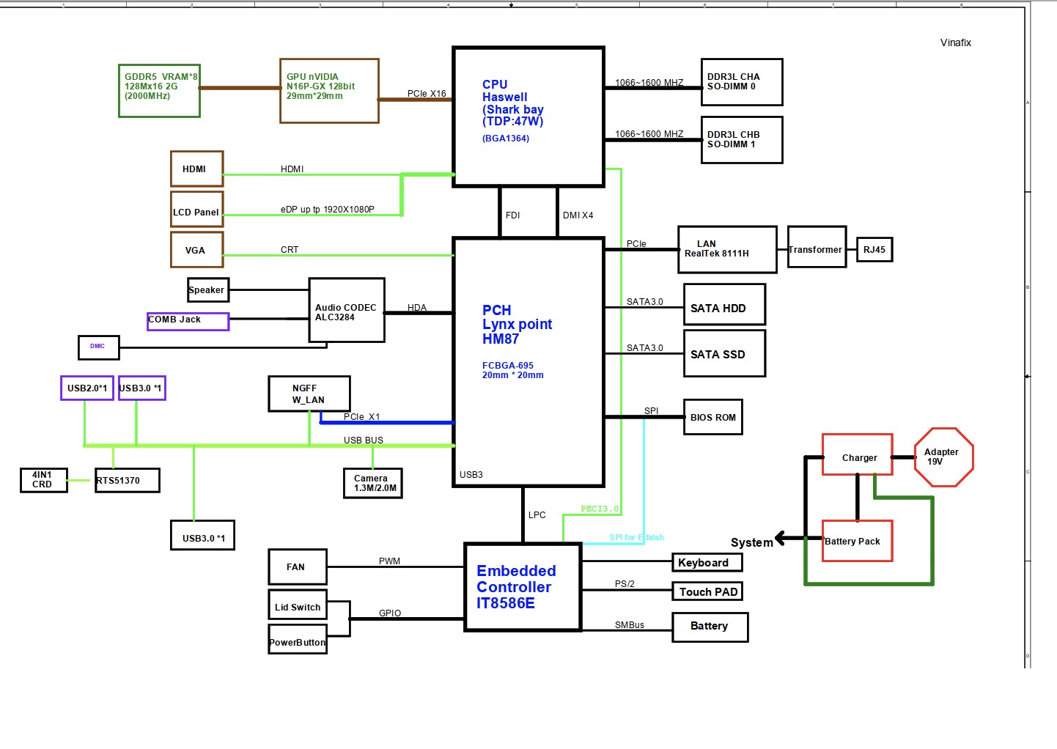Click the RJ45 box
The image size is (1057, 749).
pos(874,250)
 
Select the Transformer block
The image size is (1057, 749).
pos(817,247)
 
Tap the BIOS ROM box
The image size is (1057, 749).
pos(712,417)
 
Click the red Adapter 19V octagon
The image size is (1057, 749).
pos(943,457)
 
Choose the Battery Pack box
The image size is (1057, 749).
pos(857,541)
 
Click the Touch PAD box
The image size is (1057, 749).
pos(707,591)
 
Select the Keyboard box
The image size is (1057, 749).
pos(707,562)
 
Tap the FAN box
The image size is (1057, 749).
pos(297,567)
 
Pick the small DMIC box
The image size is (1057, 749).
pos(98,347)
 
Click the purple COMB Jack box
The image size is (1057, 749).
pos(188,321)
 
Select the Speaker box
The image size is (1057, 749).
pos(208,290)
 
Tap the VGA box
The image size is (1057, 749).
pos(196,250)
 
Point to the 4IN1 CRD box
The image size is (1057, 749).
pos(43,480)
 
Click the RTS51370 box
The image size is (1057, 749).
pos(127,481)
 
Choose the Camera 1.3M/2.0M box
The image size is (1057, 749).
pos(372,483)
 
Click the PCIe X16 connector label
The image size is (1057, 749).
pos(427,94)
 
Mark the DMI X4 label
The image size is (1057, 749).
pos(578,215)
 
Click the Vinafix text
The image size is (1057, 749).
pos(955,43)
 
